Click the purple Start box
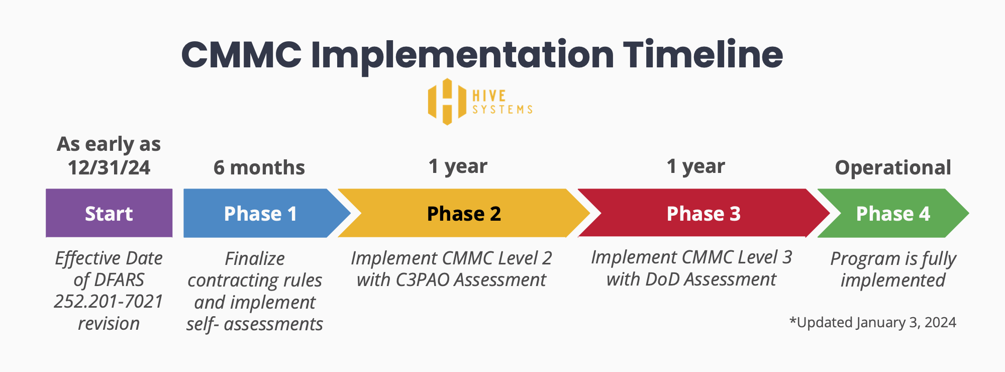point(109,213)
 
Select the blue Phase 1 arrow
point(260,213)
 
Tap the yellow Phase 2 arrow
point(463,213)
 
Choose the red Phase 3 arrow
point(703,213)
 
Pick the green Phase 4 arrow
point(892,213)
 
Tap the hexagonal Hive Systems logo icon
point(447,102)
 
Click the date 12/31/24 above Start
point(109,167)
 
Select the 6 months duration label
point(259,167)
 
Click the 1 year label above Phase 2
point(458,166)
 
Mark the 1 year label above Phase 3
point(695,166)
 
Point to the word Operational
point(892,167)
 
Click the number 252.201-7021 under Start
point(109,301)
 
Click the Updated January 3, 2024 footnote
point(873,322)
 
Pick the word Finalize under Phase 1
point(255,258)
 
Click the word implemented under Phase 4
point(893,280)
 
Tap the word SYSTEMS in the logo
point(502,110)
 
